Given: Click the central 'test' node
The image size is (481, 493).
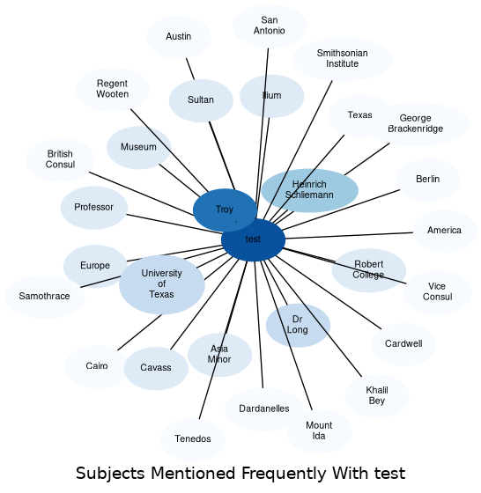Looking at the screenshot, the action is tap(253, 239).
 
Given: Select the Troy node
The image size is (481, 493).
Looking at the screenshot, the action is tap(225, 210).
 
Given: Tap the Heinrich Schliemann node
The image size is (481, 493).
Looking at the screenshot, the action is tap(309, 190).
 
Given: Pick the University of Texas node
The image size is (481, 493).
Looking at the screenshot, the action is tap(162, 284).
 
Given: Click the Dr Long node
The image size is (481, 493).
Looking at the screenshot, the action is tap(298, 325).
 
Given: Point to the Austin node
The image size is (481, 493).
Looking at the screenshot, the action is tap(178, 37).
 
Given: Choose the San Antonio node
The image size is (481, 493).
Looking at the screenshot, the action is tap(270, 26).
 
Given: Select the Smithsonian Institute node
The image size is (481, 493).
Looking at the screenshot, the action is tap(343, 59).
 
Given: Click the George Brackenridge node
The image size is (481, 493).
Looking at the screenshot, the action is tap(416, 124).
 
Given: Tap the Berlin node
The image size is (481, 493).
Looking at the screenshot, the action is tap(428, 180).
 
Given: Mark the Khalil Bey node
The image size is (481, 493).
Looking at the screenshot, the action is tap(377, 396).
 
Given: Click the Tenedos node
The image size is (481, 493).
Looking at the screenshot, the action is tap(193, 439).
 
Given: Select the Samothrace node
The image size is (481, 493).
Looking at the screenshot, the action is tap(45, 297).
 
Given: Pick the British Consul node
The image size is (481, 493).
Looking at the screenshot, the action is tap(60, 159).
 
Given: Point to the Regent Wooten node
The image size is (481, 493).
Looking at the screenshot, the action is tap(112, 89).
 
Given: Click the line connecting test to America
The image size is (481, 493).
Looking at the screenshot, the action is tap(349, 236).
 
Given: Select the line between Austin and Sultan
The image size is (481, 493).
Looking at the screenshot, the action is tap(190, 69).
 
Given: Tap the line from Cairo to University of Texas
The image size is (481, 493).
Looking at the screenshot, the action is tap(140, 333).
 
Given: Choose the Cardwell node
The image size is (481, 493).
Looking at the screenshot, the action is tap(403, 344).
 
